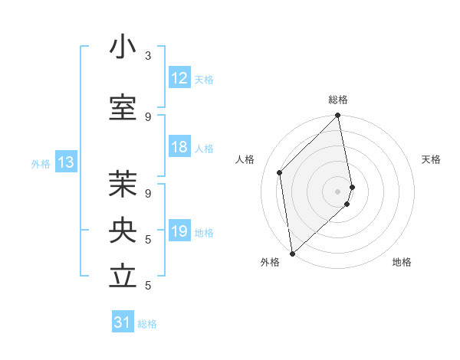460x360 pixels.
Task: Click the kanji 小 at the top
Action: pos(123,47)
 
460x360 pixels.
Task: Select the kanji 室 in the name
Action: pos(123,108)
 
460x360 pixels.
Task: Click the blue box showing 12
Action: pos(179,78)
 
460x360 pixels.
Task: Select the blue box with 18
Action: pos(179,148)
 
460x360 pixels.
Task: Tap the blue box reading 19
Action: pos(179,231)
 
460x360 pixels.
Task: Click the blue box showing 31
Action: pos(123,323)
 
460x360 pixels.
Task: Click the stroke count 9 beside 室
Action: pos(148,117)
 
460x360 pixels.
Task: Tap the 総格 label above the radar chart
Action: pos(338,100)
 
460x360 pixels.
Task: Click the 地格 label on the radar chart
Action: pos(402,263)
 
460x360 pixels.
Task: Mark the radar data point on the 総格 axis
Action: pos(338,116)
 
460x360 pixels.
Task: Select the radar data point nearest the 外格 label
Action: pos(291,253)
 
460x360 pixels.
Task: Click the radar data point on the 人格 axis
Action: pos(280,172)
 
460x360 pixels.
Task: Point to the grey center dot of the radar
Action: pos(338,191)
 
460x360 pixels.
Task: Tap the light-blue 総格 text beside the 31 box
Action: pos(147,324)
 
